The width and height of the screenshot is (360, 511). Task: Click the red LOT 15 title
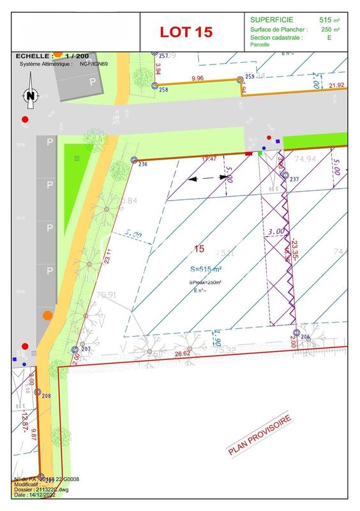[186, 32]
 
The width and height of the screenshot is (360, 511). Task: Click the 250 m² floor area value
[330, 29]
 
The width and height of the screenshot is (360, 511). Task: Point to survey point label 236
[142, 164]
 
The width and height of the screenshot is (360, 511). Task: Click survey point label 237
[294, 179]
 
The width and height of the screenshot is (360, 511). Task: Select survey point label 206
[304, 337]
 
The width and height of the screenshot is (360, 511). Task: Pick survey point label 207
[87, 349]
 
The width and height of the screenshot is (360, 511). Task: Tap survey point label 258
[163, 90]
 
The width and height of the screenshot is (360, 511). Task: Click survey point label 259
[250, 77]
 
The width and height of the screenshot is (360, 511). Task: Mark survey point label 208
[46, 397]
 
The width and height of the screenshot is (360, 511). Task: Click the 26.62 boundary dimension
[183, 353]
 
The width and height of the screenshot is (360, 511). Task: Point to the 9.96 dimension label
[197, 79]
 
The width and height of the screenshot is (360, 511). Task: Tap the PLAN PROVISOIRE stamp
[260, 435]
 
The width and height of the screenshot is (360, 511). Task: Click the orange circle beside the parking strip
[48, 316]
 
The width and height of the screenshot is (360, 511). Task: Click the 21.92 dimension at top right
[336, 85]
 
